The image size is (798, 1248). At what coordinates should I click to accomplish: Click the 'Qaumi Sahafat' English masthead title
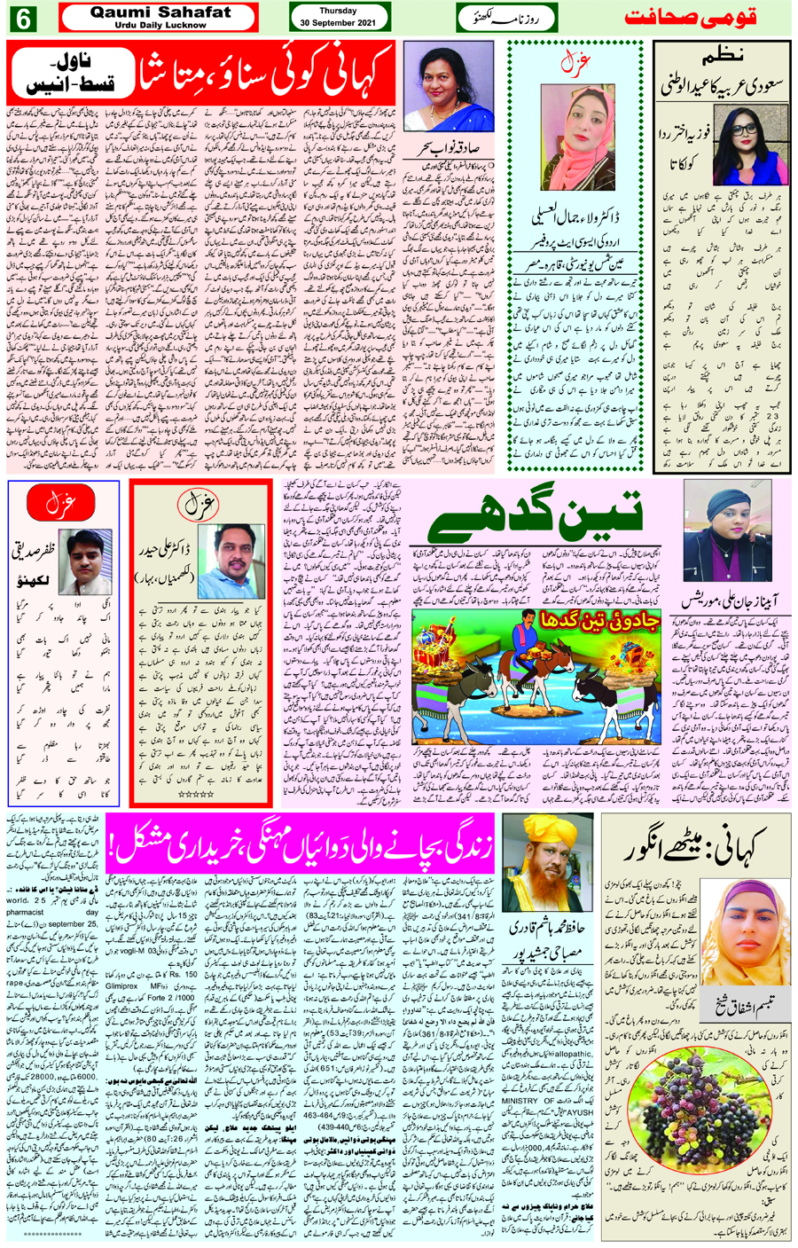(159, 12)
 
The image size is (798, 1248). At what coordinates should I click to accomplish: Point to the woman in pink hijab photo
(577, 135)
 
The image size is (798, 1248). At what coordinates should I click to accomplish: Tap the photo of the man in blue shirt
(230, 561)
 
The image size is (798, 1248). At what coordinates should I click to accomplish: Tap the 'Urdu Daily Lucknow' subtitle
(159, 25)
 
